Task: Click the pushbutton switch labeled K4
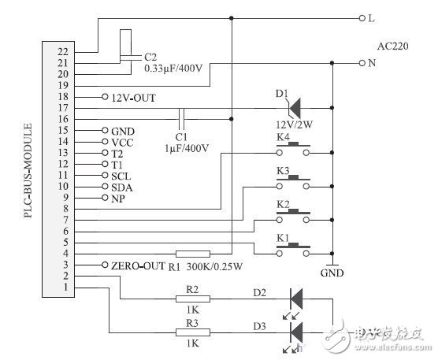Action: (294, 150)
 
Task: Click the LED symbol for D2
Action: (297, 299)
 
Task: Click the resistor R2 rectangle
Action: (193, 299)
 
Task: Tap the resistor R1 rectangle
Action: (193, 254)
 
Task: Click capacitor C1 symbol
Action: (181, 118)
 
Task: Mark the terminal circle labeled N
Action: (362, 62)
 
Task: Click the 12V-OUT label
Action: (132, 96)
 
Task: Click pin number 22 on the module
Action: (63, 50)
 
